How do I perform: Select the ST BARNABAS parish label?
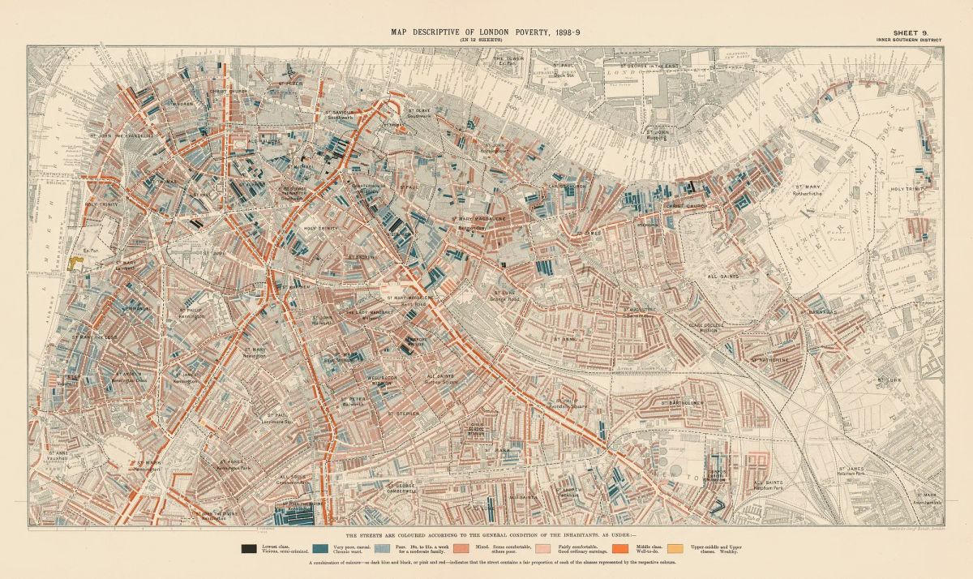tap(821, 311)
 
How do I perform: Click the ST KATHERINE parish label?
tap(769, 358)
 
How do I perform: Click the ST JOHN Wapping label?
tap(658, 132)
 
